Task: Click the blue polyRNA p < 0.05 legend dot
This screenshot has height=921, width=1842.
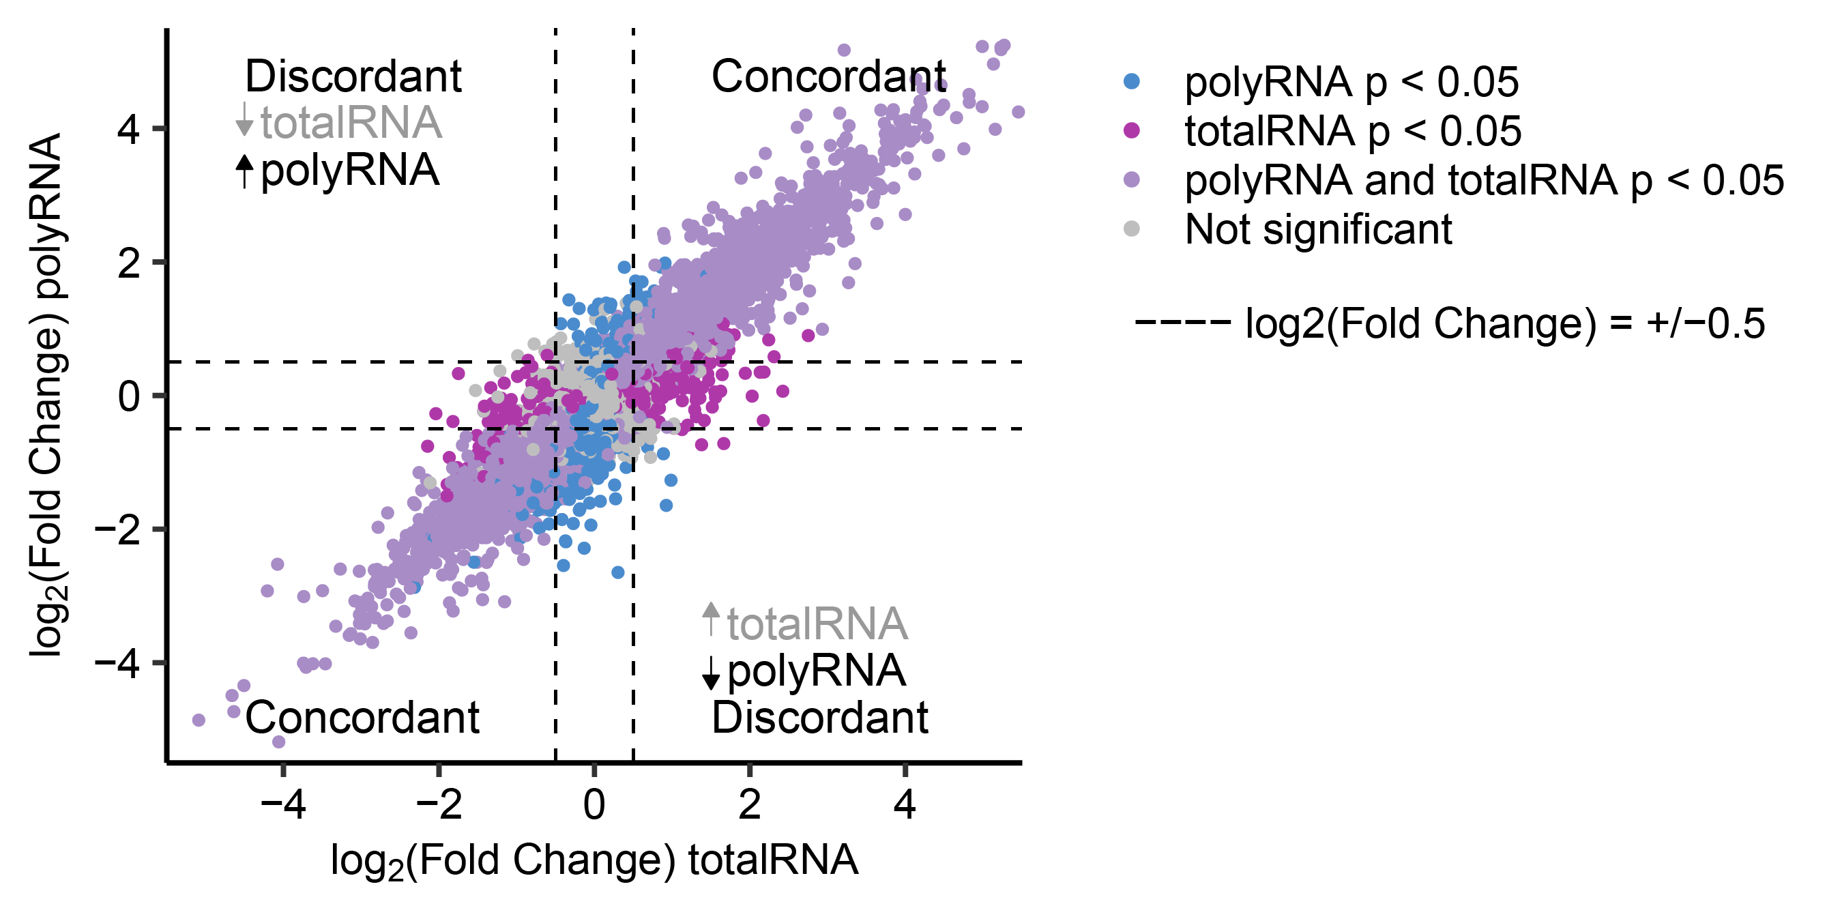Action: (x=1131, y=81)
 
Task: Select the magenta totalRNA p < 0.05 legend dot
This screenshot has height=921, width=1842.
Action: (x=1131, y=130)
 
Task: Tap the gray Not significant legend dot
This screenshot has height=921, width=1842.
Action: (x=1131, y=229)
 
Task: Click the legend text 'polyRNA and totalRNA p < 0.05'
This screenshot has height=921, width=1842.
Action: (x=1484, y=180)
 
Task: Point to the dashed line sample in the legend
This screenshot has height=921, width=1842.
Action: (x=1182, y=323)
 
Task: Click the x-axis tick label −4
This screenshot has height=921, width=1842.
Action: (x=283, y=804)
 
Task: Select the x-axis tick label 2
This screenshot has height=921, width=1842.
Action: (x=749, y=804)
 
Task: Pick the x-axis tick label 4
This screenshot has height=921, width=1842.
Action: (x=905, y=804)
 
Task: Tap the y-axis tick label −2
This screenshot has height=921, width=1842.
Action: (x=117, y=530)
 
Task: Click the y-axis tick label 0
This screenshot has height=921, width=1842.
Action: (x=130, y=396)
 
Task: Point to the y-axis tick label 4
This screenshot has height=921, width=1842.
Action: (x=130, y=130)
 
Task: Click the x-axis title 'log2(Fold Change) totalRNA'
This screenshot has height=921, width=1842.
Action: (x=594, y=860)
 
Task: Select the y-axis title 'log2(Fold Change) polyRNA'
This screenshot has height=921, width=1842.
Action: (x=47, y=395)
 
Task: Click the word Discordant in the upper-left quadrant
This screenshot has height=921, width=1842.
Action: (x=353, y=76)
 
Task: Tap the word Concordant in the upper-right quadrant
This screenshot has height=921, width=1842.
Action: (x=828, y=76)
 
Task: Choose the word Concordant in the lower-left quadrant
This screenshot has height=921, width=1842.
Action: (x=362, y=717)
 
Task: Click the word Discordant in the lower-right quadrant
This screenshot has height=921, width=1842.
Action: (x=819, y=717)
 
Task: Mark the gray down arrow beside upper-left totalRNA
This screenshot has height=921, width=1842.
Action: (x=244, y=119)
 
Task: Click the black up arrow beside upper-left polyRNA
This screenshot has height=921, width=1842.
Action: (x=244, y=171)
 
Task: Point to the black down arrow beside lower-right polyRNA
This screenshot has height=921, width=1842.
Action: (x=711, y=672)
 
